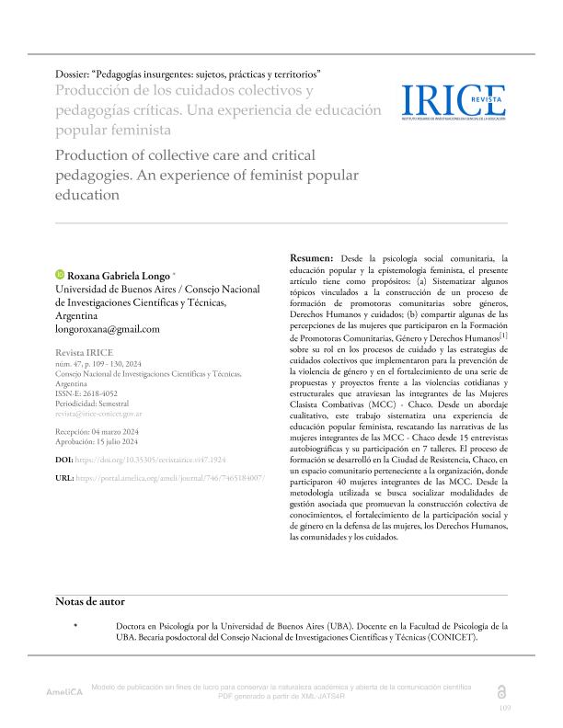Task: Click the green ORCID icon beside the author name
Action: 60,274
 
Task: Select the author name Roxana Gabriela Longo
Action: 118,274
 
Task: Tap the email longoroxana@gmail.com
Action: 109,328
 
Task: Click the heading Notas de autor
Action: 90,601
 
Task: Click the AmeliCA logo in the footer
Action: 64,691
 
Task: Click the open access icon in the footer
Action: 500,690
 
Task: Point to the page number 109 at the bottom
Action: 504,709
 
